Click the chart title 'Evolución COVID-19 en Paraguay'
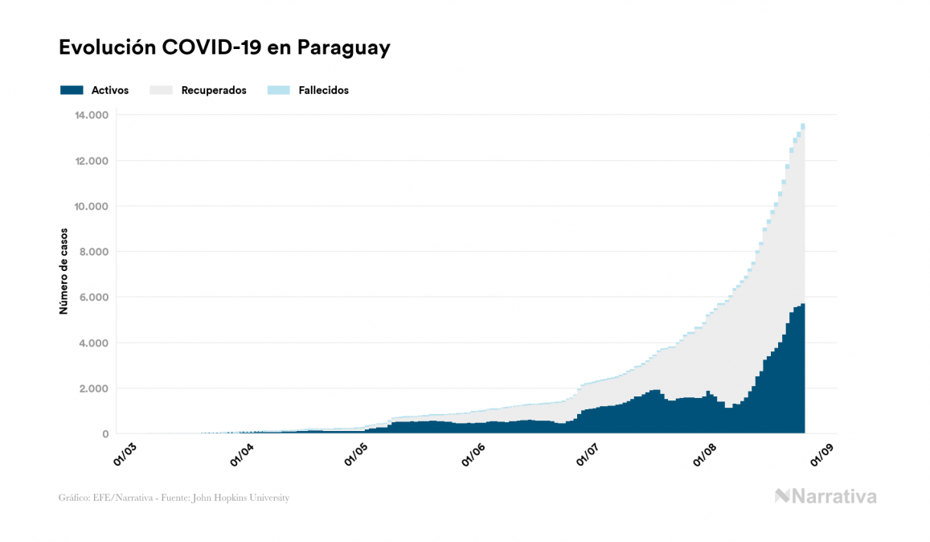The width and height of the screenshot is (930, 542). (224, 47)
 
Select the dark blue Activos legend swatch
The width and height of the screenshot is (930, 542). (72, 90)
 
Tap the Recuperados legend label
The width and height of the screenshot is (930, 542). (214, 90)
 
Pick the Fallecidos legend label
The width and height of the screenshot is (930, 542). (323, 90)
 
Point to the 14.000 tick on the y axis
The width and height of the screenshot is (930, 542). (91, 115)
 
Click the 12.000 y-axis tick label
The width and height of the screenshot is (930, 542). (91, 161)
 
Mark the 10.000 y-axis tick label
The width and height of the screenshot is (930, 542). (91, 207)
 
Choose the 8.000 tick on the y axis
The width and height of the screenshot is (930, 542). (93, 252)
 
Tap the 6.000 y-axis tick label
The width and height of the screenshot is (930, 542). (93, 298)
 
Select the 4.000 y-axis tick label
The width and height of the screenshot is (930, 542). (93, 343)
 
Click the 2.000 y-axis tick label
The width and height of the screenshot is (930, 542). (93, 388)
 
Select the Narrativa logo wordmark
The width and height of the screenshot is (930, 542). (826, 496)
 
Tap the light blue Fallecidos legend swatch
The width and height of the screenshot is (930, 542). (278, 90)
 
